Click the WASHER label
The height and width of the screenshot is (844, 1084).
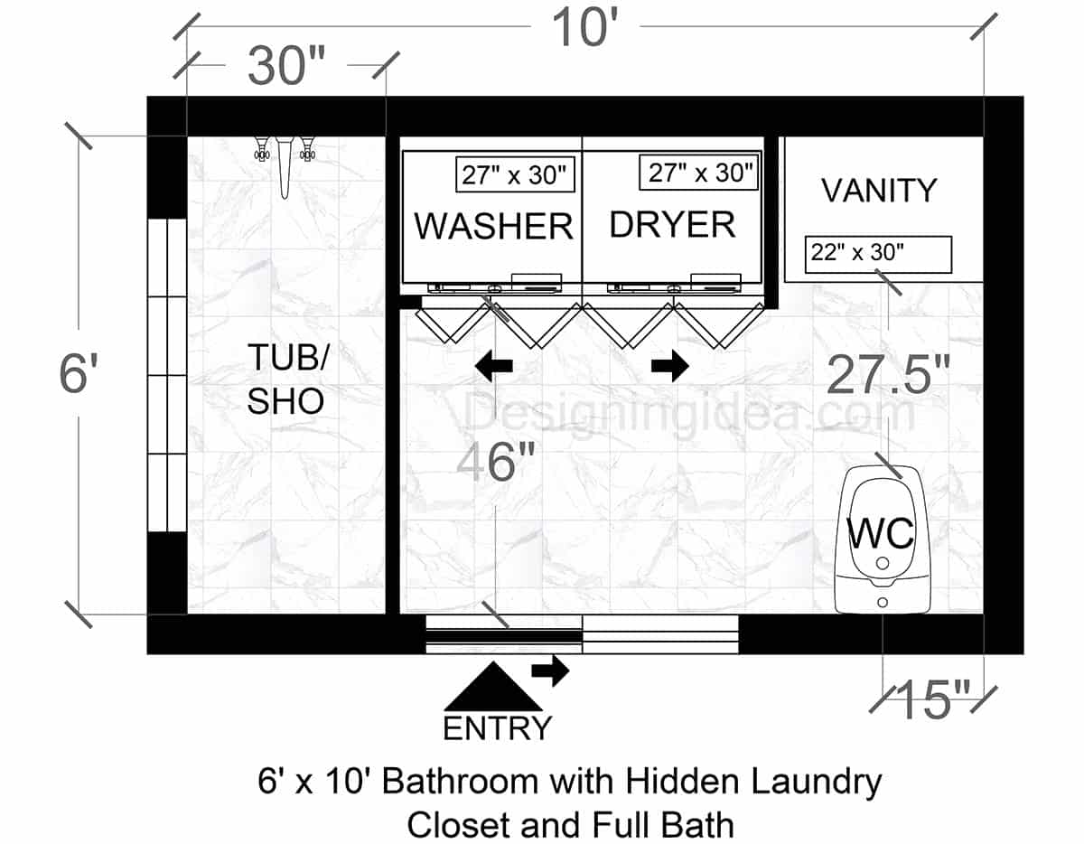click(493, 226)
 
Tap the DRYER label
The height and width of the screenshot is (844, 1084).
click(672, 224)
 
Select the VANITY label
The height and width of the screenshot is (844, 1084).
click(879, 191)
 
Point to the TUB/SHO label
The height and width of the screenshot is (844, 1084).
click(285, 380)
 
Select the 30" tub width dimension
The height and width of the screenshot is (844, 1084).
click(286, 67)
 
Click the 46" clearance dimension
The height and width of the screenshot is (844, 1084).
click(496, 464)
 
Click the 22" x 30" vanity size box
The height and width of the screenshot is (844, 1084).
click(878, 254)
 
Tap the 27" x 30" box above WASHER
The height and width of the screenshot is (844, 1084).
click(516, 174)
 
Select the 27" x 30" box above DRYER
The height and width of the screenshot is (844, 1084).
click(697, 172)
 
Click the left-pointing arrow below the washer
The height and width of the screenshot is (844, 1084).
click(494, 365)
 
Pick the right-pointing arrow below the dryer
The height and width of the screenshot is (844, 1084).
click(670, 365)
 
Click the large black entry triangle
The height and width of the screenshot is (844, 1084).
click(492, 688)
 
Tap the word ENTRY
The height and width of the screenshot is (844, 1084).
click(497, 727)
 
